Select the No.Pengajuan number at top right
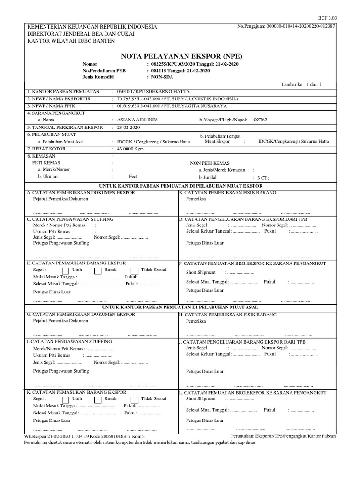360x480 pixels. click(286, 26)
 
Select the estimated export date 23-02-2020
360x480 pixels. click(128, 127)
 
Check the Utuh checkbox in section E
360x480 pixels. click(65, 271)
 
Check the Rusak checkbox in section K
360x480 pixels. click(97, 399)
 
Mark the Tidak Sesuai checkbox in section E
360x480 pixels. click(134, 271)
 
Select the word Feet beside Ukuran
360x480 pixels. click(133, 177)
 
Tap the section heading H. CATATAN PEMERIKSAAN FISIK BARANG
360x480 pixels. click(227, 315)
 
